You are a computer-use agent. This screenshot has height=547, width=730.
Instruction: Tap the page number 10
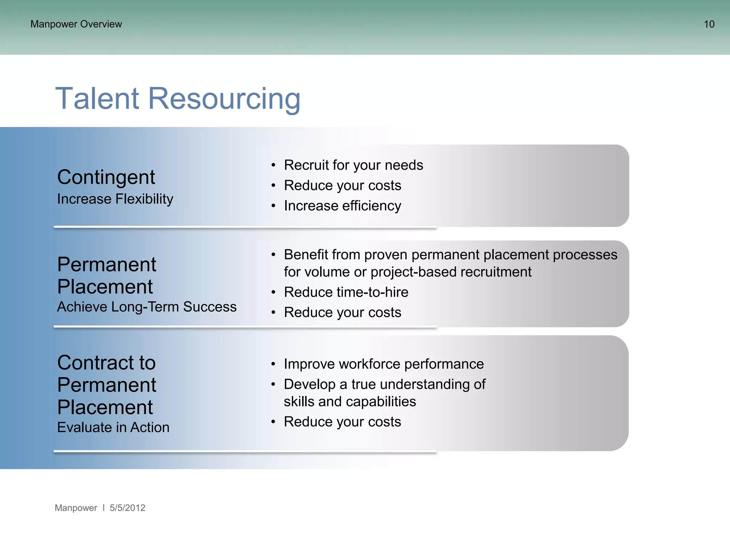click(x=709, y=24)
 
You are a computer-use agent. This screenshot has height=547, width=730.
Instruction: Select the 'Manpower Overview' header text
click(x=76, y=24)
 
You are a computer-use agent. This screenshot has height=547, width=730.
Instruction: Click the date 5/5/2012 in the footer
click(x=127, y=508)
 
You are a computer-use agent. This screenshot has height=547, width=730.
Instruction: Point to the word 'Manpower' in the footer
click(x=76, y=508)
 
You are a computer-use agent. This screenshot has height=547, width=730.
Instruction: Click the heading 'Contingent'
click(x=106, y=177)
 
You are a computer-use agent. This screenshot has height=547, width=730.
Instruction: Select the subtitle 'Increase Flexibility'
click(x=115, y=199)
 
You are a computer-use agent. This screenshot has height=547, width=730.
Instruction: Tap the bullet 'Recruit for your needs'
click(x=353, y=165)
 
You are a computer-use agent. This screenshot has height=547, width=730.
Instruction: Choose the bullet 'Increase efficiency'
click(x=342, y=206)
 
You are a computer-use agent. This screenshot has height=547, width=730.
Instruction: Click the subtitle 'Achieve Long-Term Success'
click(x=146, y=307)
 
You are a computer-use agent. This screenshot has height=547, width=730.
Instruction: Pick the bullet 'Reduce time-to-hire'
click(x=346, y=292)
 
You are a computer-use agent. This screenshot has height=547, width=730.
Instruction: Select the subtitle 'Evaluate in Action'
click(x=113, y=427)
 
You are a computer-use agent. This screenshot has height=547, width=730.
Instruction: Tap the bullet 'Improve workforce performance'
click(x=384, y=364)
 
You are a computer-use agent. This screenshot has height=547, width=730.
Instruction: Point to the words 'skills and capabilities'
click(x=350, y=402)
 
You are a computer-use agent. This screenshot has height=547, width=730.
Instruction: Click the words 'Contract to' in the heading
click(x=106, y=363)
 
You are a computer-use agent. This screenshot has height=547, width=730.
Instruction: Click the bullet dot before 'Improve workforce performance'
click(x=273, y=364)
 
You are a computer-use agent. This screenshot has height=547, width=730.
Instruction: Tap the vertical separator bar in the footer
click(x=103, y=507)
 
